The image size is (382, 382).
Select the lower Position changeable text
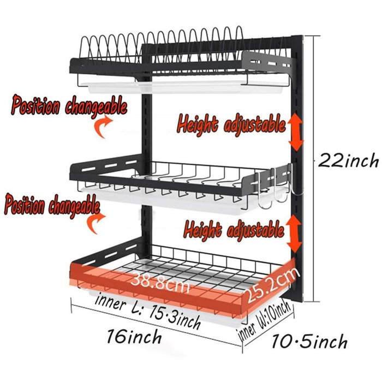(x=52, y=207)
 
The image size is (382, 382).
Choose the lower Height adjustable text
(x=234, y=229)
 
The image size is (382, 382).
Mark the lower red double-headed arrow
(x=296, y=233)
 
